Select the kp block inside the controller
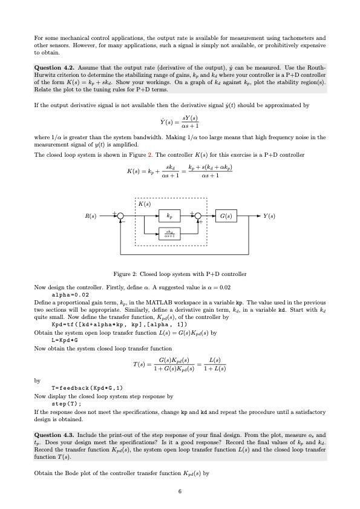coord(169,215)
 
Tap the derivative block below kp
coord(169,233)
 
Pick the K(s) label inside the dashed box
coord(145,204)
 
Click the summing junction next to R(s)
coord(120,215)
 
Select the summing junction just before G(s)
coord(198,215)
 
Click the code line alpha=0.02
coord(71,295)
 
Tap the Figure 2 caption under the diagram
coord(180,274)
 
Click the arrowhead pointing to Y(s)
coord(257,215)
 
